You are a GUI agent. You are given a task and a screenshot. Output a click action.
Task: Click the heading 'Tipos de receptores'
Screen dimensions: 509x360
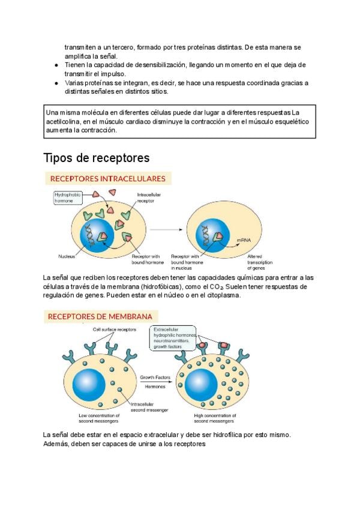click(97, 158)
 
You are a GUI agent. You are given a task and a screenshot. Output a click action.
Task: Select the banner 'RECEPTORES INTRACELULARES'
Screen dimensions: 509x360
click(108, 178)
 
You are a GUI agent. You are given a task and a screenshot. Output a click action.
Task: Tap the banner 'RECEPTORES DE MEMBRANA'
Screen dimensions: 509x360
click(100, 316)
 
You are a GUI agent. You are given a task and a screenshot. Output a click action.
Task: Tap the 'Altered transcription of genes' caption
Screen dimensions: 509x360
click(260, 262)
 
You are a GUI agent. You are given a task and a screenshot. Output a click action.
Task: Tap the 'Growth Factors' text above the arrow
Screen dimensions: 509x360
click(155, 378)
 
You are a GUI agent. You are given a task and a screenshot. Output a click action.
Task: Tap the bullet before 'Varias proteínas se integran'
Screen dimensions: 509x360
click(56, 83)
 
